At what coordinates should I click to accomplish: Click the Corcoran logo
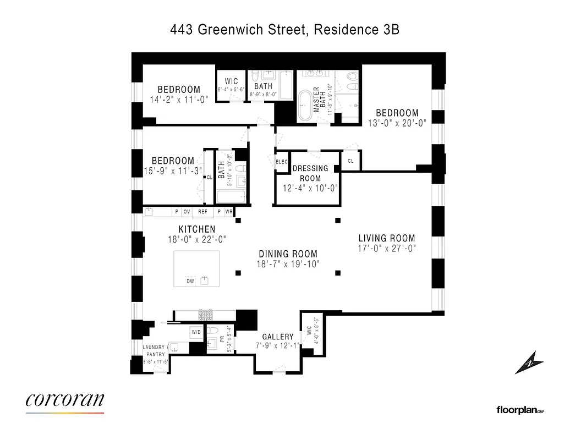(64, 400)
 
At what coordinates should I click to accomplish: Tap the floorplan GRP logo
(520, 410)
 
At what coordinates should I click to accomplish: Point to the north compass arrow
(529, 364)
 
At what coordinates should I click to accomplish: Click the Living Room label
(386, 238)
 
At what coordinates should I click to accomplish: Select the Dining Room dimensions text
(288, 264)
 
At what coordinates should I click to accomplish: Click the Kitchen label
(196, 229)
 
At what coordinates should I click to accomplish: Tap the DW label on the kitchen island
(190, 281)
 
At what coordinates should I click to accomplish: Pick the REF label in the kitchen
(202, 211)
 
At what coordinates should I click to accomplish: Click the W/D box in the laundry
(196, 332)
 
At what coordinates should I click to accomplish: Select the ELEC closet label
(282, 162)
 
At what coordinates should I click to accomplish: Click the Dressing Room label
(310, 173)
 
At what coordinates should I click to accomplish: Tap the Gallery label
(277, 337)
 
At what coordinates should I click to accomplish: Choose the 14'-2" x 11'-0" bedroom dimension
(179, 100)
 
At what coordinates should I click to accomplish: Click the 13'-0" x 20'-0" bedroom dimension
(397, 123)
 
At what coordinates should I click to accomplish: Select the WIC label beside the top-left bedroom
(231, 81)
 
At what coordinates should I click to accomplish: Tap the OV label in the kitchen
(187, 211)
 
